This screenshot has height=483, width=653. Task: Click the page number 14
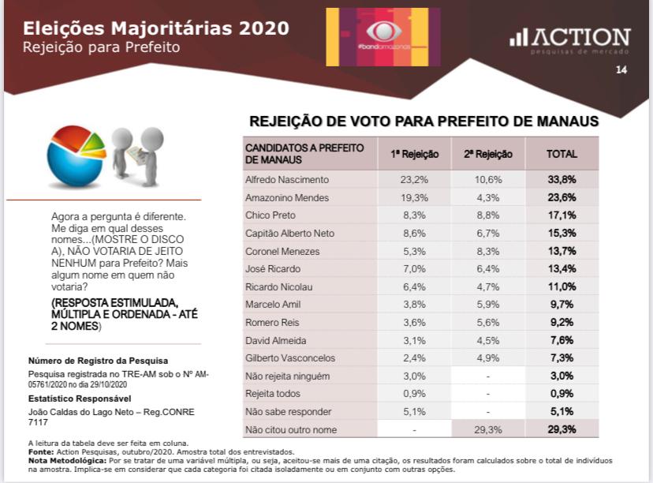click(621, 70)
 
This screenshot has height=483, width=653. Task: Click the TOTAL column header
click(562, 154)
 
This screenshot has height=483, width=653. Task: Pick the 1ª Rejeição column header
click(414, 154)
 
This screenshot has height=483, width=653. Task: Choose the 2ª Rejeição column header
click(487, 154)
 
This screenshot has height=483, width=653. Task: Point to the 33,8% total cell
click(562, 179)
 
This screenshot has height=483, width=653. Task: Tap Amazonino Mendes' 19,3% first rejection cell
click(414, 197)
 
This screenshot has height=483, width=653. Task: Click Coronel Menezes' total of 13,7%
click(562, 251)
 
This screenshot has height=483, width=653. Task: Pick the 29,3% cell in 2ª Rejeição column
click(487, 429)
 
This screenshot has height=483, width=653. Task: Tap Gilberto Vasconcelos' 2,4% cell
click(414, 358)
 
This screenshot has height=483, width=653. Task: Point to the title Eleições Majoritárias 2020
click(155, 28)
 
